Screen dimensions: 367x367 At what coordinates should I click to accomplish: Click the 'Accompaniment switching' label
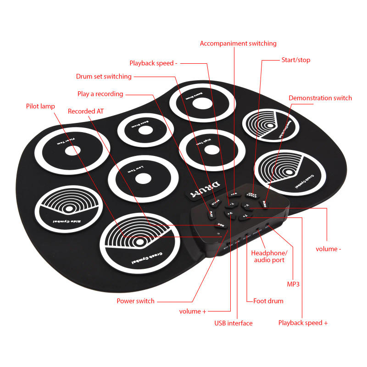coord(238,44)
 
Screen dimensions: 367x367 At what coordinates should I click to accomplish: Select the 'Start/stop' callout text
coord(295,60)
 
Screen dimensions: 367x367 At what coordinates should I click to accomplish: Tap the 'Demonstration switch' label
coord(320,98)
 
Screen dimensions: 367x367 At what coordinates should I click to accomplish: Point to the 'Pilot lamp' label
coord(40,106)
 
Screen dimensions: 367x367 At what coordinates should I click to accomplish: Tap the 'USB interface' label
coord(234,323)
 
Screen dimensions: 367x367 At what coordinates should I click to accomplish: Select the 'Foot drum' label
coord(268,301)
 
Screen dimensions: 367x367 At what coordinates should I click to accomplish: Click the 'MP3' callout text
coord(293,284)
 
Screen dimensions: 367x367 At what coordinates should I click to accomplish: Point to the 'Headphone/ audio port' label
coord(269,256)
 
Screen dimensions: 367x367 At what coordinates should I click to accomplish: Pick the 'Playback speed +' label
coord(303,323)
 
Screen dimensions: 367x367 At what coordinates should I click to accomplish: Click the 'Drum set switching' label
coord(104,77)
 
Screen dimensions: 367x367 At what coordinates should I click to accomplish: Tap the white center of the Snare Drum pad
coord(200,104)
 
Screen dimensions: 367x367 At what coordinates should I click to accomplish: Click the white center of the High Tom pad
coord(211,150)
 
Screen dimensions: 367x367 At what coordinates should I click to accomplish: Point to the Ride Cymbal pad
coord(69,209)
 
